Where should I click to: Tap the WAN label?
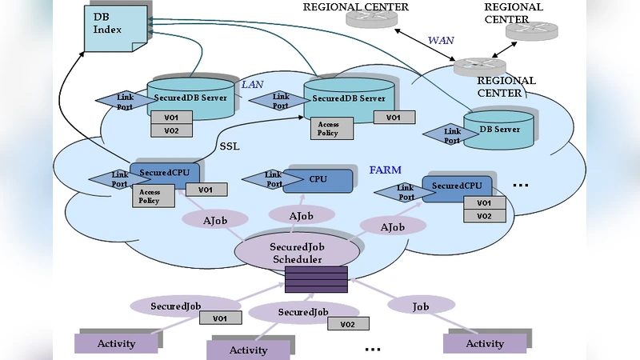[x=441, y=39]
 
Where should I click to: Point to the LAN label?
[x=252, y=82]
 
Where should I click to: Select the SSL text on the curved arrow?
[x=230, y=147]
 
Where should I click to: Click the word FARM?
[x=385, y=170]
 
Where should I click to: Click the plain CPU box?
[x=318, y=180]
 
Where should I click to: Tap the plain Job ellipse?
[x=420, y=306]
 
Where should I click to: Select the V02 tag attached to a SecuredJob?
[x=347, y=324]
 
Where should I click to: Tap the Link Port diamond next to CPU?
[x=273, y=179]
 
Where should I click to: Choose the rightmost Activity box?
[x=485, y=343]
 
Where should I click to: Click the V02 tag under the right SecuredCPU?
[x=484, y=216]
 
